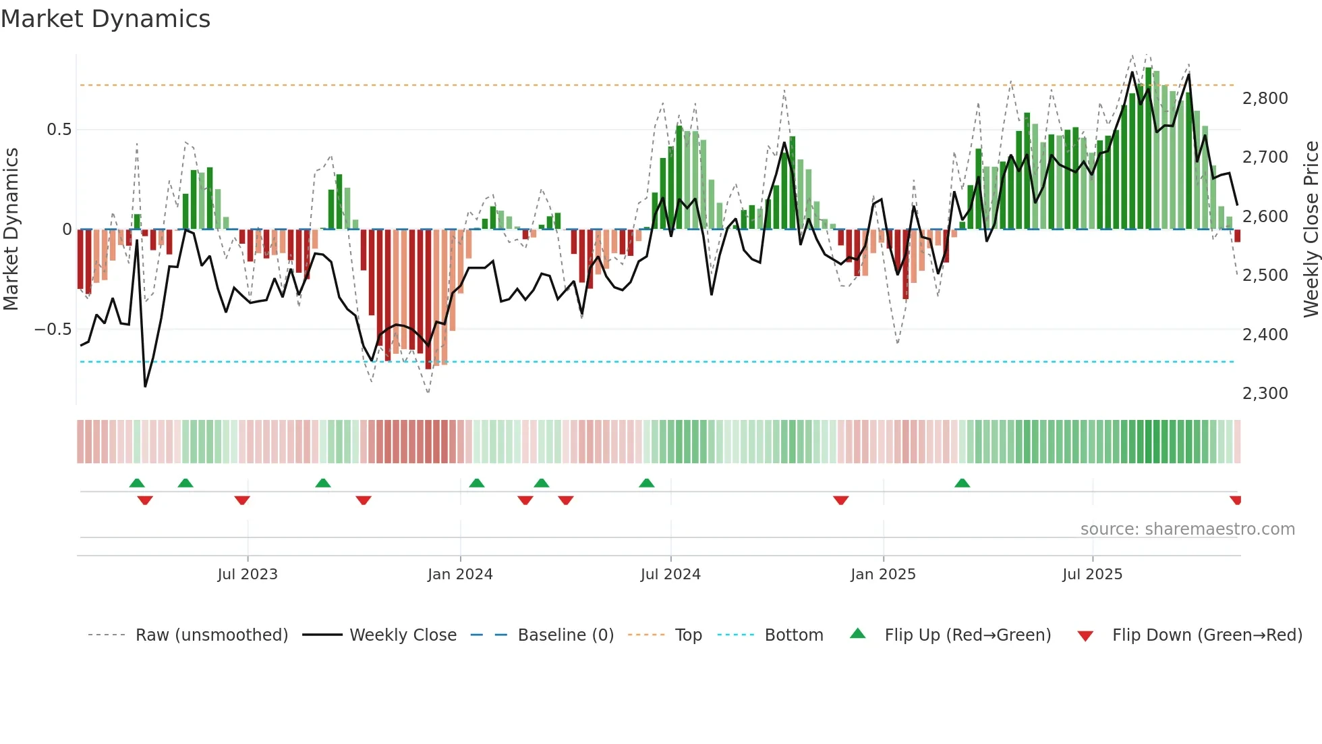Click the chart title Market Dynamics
click(x=105, y=19)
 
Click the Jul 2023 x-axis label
click(x=248, y=575)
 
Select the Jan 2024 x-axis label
click(x=460, y=575)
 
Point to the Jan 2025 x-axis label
click(x=883, y=575)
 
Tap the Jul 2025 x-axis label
click(x=1092, y=575)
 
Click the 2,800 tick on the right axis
click(x=1265, y=99)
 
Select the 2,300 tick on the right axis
click(x=1265, y=394)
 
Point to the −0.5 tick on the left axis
click(x=53, y=329)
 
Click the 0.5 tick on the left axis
click(x=59, y=130)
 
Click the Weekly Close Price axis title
click(x=1311, y=229)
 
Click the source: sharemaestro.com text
click(x=1187, y=529)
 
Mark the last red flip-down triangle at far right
click(x=1235, y=500)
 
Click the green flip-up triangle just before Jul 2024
click(x=646, y=483)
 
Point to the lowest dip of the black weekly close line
click(x=145, y=386)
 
